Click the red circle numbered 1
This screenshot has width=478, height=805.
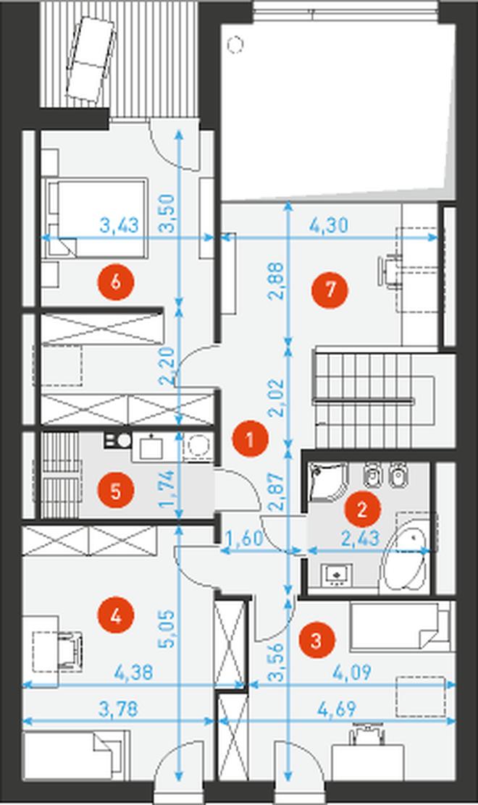(x=250, y=439)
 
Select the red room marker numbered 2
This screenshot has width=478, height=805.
(x=362, y=510)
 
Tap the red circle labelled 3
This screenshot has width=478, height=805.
(x=316, y=640)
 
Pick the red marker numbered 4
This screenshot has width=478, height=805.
(x=116, y=616)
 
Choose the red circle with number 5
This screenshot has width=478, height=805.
(x=116, y=491)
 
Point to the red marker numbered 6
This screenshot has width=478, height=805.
(x=116, y=282)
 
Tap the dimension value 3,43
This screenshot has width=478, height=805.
(x=119, y=225)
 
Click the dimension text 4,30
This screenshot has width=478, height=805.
(x=329, y=225)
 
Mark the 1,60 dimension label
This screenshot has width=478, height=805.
(x=244, y=539)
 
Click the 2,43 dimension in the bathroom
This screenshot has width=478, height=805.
(x=361, y=539)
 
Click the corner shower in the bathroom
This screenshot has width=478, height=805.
(x=329, y=482)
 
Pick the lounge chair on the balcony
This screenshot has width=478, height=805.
(x=91, y=61)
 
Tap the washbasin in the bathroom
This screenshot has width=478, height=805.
(x=337, y=576)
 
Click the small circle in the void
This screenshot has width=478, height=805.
(x=235, y=45)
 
